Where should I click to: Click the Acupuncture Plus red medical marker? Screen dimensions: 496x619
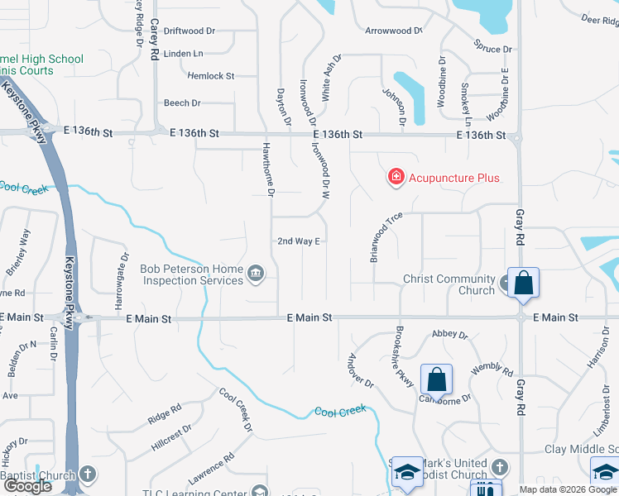[x=396, y=177]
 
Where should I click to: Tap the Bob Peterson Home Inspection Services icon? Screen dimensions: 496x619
[x=256, y=273]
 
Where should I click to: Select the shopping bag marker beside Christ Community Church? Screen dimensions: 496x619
[x=523, y=283]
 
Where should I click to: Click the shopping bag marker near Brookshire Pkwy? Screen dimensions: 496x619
[x=437, y=379]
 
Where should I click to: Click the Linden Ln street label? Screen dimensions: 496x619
[x=184, y=54]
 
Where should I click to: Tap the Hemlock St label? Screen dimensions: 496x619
[x=211, y=76]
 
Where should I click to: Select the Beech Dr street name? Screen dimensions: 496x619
[x=182, y=103]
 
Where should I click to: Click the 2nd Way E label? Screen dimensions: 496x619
[x=298, y=241]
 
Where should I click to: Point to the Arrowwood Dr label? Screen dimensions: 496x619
[x=394, y=31]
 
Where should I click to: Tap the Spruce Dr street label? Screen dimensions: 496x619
[x=493, y=49]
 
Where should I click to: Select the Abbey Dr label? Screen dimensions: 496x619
[x=450, y=336]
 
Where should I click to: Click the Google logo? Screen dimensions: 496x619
[x=27, y=487]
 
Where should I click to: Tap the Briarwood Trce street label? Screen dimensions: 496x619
[x=386, y=236]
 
